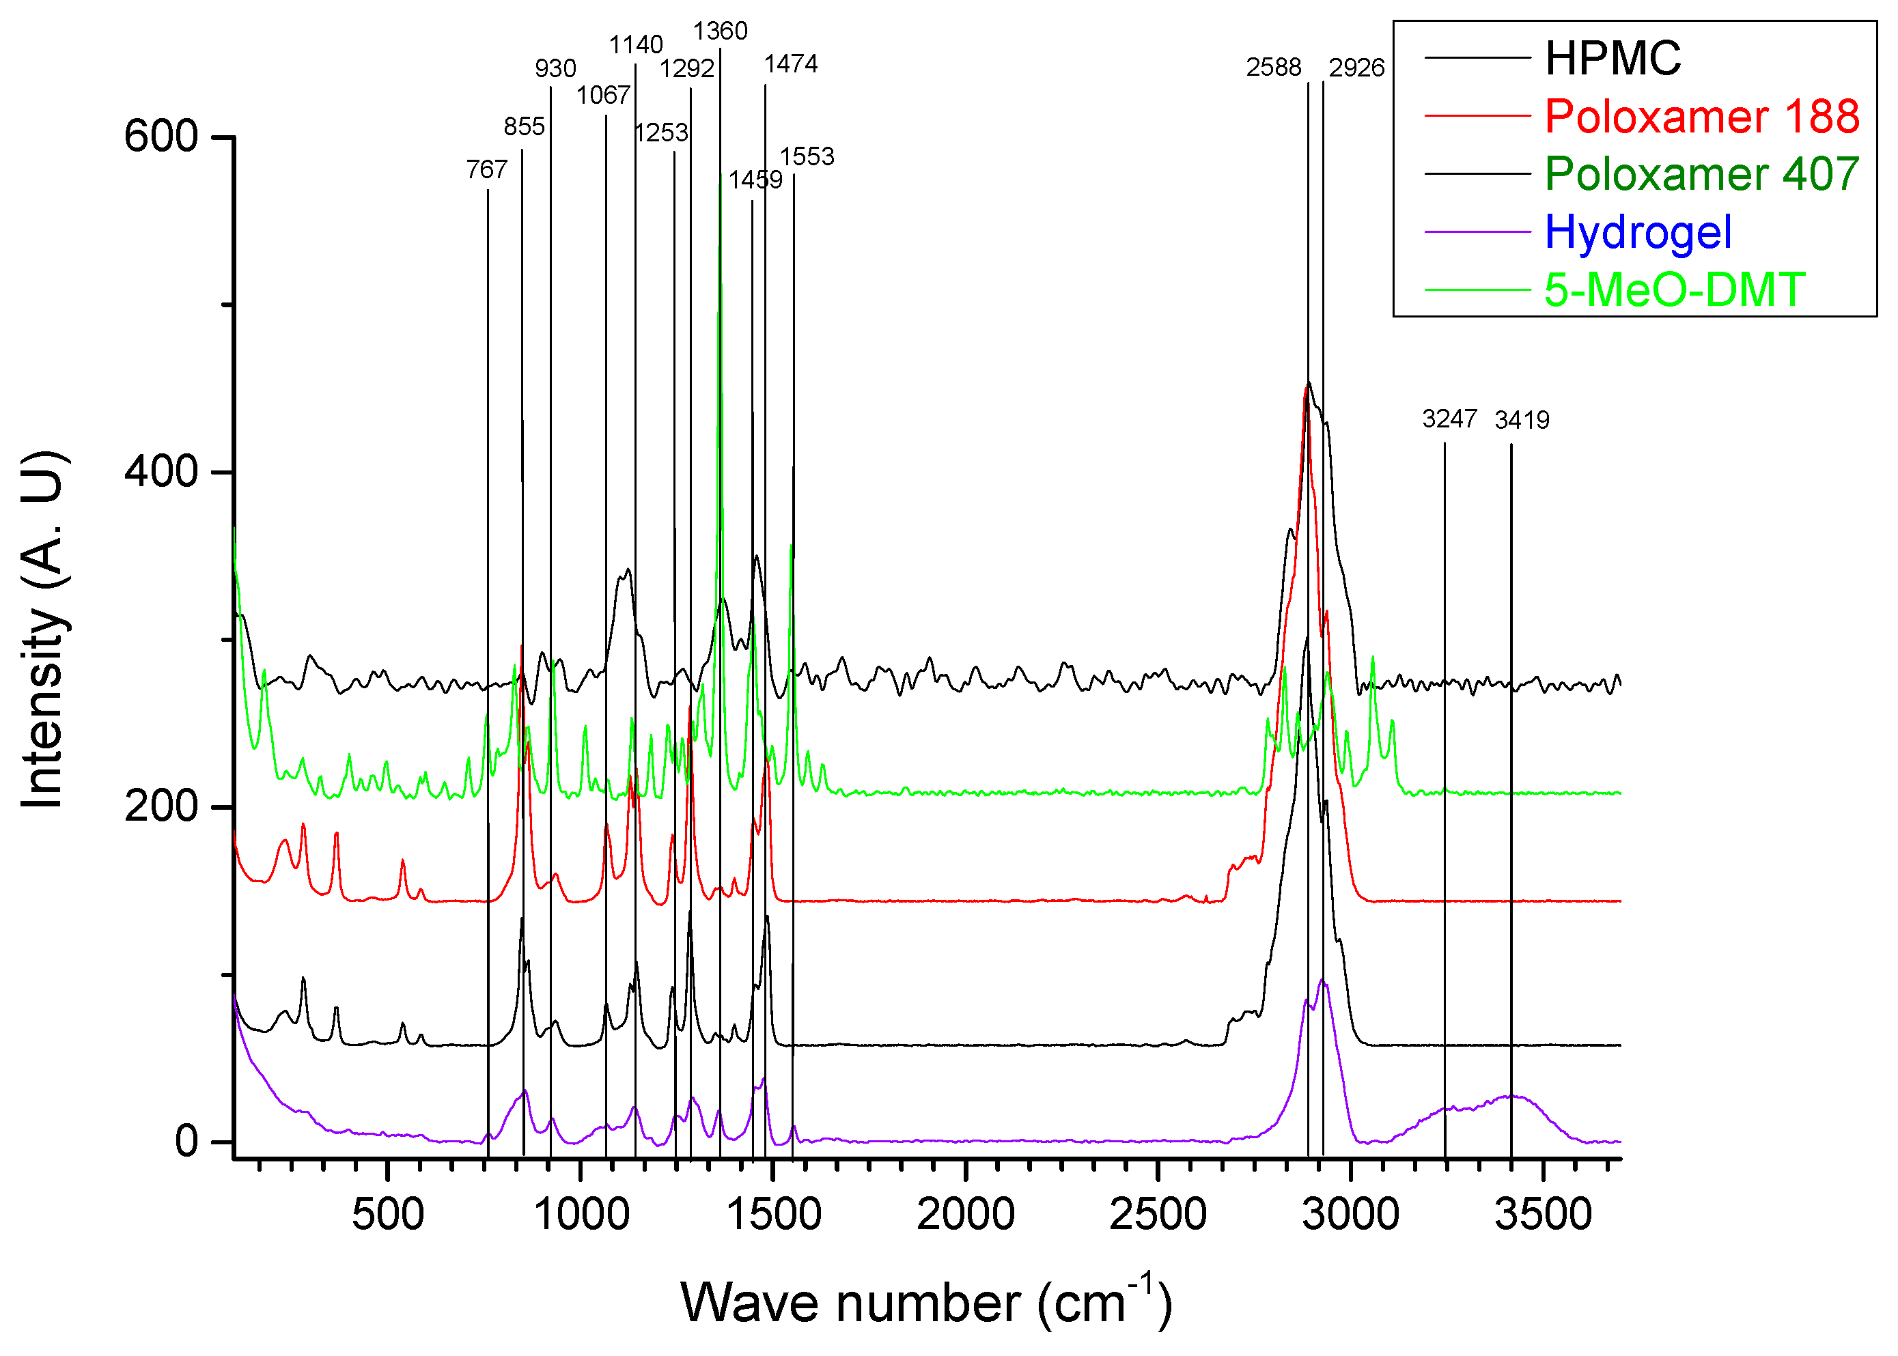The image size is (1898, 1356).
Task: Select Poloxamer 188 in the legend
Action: click(1701, 116)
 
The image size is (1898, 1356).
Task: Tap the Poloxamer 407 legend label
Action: click(1701, 173)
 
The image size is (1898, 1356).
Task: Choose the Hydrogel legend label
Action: click(1638, 232)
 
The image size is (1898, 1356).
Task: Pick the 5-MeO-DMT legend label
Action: click(1674, 289)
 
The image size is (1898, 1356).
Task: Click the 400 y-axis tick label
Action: click(161, 472)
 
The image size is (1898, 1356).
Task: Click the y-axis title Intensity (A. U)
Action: click(44, 630)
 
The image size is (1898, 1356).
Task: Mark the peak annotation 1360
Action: click(720, 31)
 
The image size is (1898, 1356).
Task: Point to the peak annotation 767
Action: click(487, 170)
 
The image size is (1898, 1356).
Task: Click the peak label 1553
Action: click(807, 157)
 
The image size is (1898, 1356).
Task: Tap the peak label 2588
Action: click(1272, 68)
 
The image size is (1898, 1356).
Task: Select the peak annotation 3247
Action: click(1449, 419)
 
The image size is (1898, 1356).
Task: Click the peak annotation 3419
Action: click(1522, 420)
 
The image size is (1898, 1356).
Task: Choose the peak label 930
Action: click(555, 68)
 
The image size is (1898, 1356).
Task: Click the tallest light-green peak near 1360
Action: click(720, 180)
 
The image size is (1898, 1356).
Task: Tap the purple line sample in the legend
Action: click(1477, 232)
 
